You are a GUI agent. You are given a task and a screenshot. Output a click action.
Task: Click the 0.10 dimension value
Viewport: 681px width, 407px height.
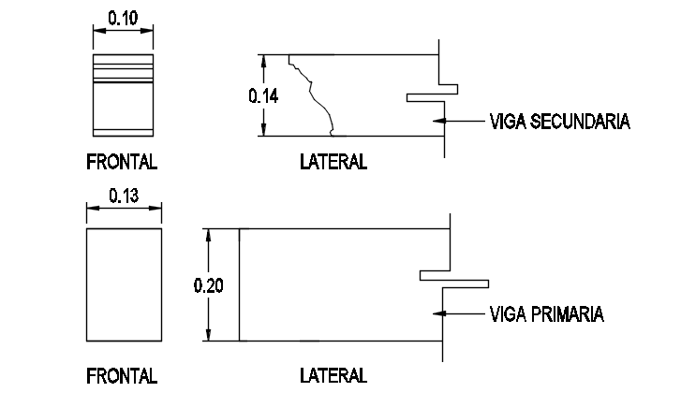[122, 16]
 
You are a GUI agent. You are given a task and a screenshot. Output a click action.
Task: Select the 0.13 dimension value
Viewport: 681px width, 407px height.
[124, 196]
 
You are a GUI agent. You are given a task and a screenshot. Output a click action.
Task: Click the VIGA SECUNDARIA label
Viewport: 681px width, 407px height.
[559, 122]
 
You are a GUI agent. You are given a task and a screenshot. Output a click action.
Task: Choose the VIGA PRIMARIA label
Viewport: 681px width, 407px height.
[546, 314]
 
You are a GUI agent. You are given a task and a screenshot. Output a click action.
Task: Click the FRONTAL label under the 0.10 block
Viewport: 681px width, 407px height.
[122, 162]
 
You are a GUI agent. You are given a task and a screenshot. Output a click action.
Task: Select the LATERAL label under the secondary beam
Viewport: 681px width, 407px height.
[333, 162]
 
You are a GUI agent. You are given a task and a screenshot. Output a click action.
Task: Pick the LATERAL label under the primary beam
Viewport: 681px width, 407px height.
[333, 376]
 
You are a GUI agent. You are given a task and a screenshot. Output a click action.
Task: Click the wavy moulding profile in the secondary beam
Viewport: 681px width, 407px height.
[315, 94]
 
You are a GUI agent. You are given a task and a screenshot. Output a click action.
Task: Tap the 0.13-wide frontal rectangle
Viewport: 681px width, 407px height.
[124, 284]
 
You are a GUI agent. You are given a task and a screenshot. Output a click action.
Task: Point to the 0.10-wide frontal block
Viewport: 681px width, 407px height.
[122, 94]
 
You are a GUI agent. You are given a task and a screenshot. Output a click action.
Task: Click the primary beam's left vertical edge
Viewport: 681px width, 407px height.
[239, 284]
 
